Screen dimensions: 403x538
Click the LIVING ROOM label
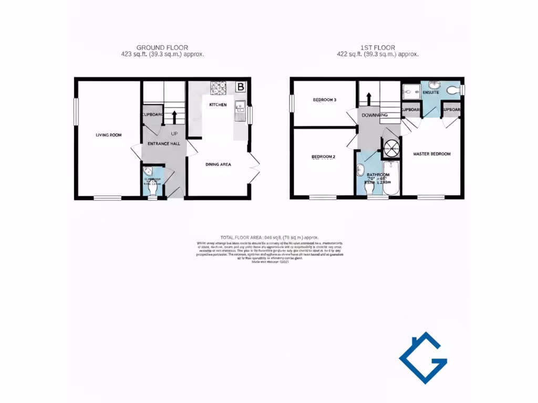coord(108,135)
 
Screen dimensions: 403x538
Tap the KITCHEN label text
coord(218,105)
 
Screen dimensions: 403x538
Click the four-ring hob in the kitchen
coord(218,87)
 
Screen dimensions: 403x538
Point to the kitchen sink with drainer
coord(240,109)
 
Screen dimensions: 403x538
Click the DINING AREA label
coord(218,164)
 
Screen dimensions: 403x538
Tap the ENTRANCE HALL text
coord(163,143)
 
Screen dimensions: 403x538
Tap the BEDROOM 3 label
coord(324,100)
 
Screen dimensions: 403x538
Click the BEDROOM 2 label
coord(323,157)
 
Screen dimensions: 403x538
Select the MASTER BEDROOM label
coord(431,154)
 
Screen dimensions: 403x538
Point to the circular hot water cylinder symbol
coord(390,149)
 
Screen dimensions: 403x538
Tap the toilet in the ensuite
coord(452,90)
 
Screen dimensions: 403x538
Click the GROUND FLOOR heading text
coord(162,47)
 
